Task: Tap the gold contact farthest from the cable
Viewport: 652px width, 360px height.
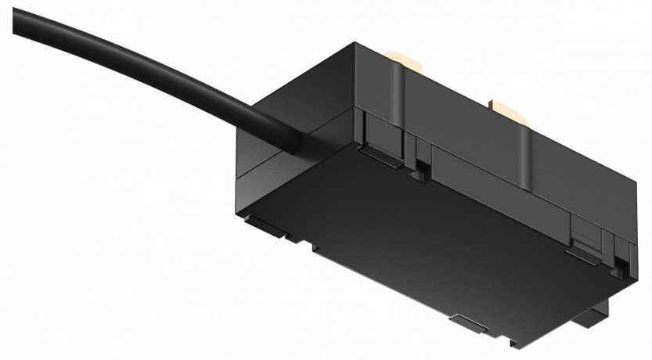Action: pyautogui.click(x=506, y=108)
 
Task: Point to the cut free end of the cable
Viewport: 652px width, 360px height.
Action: pyautogui.click(x=17, y=18)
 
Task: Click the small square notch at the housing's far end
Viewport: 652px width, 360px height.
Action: pyautogui.click(x=623, y=266)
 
